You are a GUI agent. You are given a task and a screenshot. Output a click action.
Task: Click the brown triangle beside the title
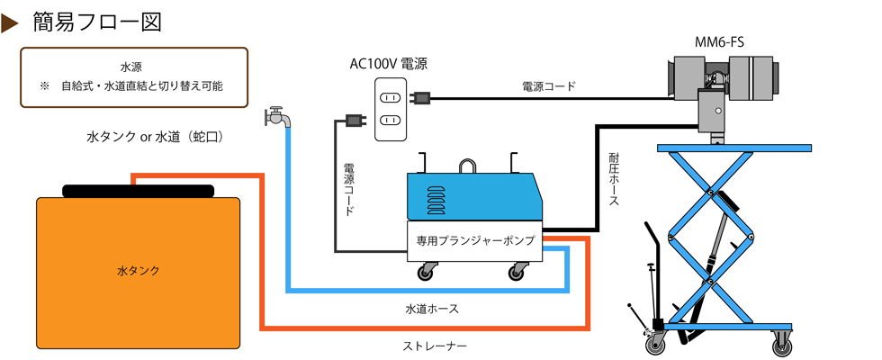click(11, 23)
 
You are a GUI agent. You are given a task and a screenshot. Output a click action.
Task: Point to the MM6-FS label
click(719, 41)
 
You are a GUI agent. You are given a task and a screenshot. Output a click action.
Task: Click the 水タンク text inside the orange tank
click(138, 270)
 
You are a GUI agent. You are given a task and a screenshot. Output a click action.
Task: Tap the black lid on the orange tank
click(138, 190)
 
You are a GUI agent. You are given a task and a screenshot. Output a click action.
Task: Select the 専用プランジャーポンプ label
click(475, 240)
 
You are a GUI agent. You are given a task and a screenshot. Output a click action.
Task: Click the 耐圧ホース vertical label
click(614, 181)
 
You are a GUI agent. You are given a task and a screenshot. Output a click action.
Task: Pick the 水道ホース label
click(432, 309)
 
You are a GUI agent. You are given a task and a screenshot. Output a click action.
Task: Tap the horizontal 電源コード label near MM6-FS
click(549, 86)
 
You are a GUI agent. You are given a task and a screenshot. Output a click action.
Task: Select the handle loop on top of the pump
click(468, 166)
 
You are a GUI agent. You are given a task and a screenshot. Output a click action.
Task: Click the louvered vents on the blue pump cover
click(435, 198)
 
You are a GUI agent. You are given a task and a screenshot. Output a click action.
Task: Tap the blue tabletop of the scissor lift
click(734, 148)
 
